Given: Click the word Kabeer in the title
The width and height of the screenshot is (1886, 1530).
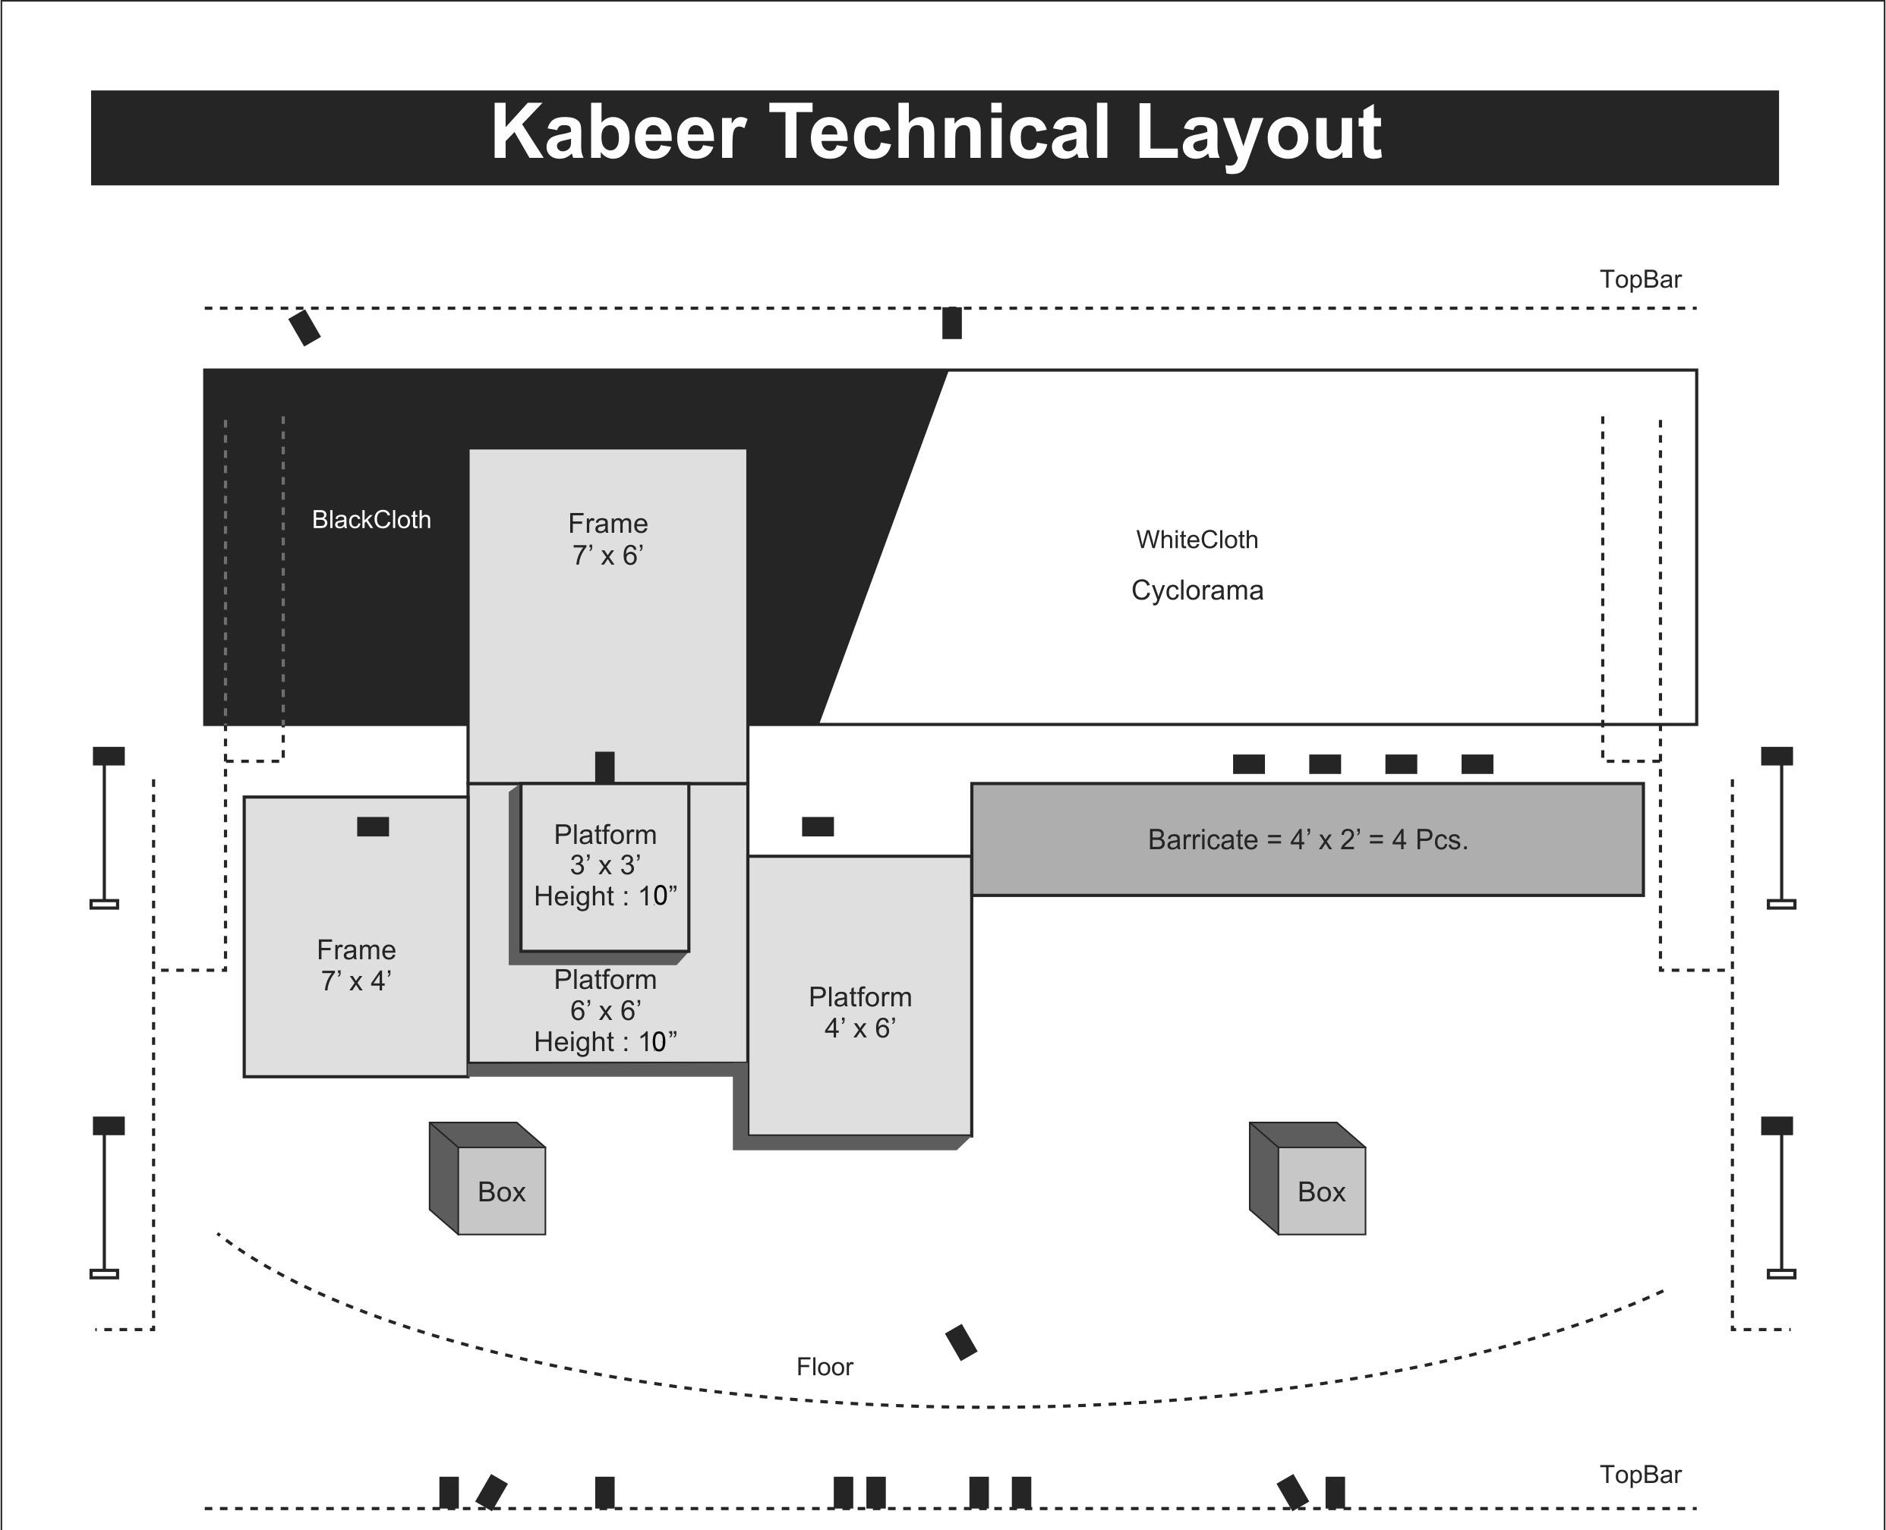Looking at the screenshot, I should tap(618, 132).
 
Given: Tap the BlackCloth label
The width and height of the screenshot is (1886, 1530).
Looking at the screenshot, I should tap(371, 520).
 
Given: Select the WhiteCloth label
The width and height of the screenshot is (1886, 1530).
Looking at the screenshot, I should tap(1197, 540).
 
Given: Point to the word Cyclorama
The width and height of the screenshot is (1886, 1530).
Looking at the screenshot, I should tap(1197, 590).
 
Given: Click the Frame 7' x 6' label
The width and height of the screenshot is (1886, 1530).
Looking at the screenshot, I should tap(607, 540).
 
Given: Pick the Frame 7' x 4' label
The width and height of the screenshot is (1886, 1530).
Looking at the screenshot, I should tap(356, 965).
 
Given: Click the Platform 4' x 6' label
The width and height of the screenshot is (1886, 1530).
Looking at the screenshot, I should tap(859, 1012).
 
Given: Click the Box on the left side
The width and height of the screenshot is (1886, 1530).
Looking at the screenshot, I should tap(501, 1192).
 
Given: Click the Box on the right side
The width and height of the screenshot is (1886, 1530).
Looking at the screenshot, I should tap(1321, 1192).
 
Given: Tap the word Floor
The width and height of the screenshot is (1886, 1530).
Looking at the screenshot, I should tap(825, 1367).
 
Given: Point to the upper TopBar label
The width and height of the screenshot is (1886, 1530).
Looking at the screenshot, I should tap(1640, 279).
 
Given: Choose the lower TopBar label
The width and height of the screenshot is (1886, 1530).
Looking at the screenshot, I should tap(1640, 1475).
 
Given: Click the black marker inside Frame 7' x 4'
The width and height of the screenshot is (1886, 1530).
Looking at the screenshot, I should tap(373, 826).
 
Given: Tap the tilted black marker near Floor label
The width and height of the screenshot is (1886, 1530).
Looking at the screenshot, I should tap(961, 1343).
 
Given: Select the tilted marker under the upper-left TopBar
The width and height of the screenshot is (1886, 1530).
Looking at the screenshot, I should tap(305, 328).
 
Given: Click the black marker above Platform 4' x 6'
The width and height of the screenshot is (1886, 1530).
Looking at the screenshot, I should tap(818, 826).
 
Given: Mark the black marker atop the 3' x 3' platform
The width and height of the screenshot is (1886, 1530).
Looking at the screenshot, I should tap(605, 767).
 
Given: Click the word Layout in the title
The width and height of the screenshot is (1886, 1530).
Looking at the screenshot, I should tap(1258, 132).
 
